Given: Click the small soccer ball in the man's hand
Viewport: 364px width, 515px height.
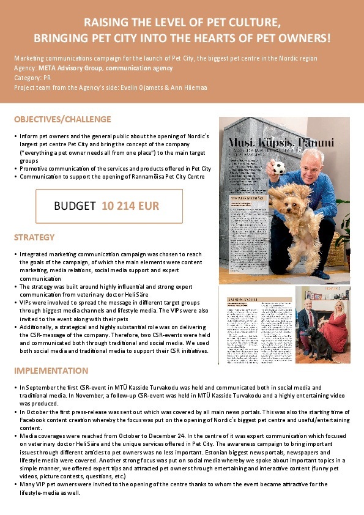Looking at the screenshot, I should pos(280,168).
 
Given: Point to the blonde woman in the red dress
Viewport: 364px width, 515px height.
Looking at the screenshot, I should pos(335,321).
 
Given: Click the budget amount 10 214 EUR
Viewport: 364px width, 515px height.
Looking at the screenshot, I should pos(130,206).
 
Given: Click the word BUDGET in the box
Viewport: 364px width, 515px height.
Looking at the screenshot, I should pos(75,206).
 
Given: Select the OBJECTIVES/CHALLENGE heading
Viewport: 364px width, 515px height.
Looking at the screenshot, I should pos(62,119).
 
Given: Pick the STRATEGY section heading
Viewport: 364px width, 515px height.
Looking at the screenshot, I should pos(34,237).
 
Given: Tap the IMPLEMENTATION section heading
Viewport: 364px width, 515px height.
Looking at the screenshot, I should pos(51,371).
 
